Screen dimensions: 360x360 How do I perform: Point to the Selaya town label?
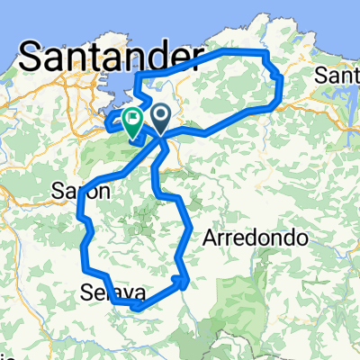pyautogui.click(x=112, y=292)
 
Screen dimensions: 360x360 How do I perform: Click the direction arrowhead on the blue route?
pyautogui.click(x=184, y=280)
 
